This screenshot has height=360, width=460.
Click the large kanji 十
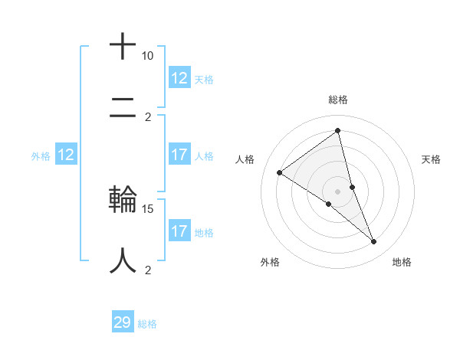pos(123,46)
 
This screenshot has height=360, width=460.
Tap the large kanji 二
pos(123,108)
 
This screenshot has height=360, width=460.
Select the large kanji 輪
pos(123,199)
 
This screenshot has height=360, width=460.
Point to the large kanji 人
pos(123,260)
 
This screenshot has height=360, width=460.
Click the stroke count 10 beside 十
pos(147,56)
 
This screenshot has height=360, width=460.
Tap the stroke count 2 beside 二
pos(148,117)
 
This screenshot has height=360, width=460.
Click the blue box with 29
pos(123,322)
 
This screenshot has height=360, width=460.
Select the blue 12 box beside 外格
pos(65,155)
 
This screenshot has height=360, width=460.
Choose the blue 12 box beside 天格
pos(179,78)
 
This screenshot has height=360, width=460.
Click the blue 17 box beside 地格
pos(179,231)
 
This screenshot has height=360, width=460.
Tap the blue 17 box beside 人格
pos(179,155)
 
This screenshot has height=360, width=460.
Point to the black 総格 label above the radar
pos(338,100)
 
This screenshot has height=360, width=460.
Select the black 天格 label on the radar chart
pos(431,159)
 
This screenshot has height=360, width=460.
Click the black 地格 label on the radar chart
pos(402,262)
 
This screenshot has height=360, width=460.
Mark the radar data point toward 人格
pos(280,172)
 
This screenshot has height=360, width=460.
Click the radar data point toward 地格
pos(374,242)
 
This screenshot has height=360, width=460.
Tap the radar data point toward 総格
pos(338,130)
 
